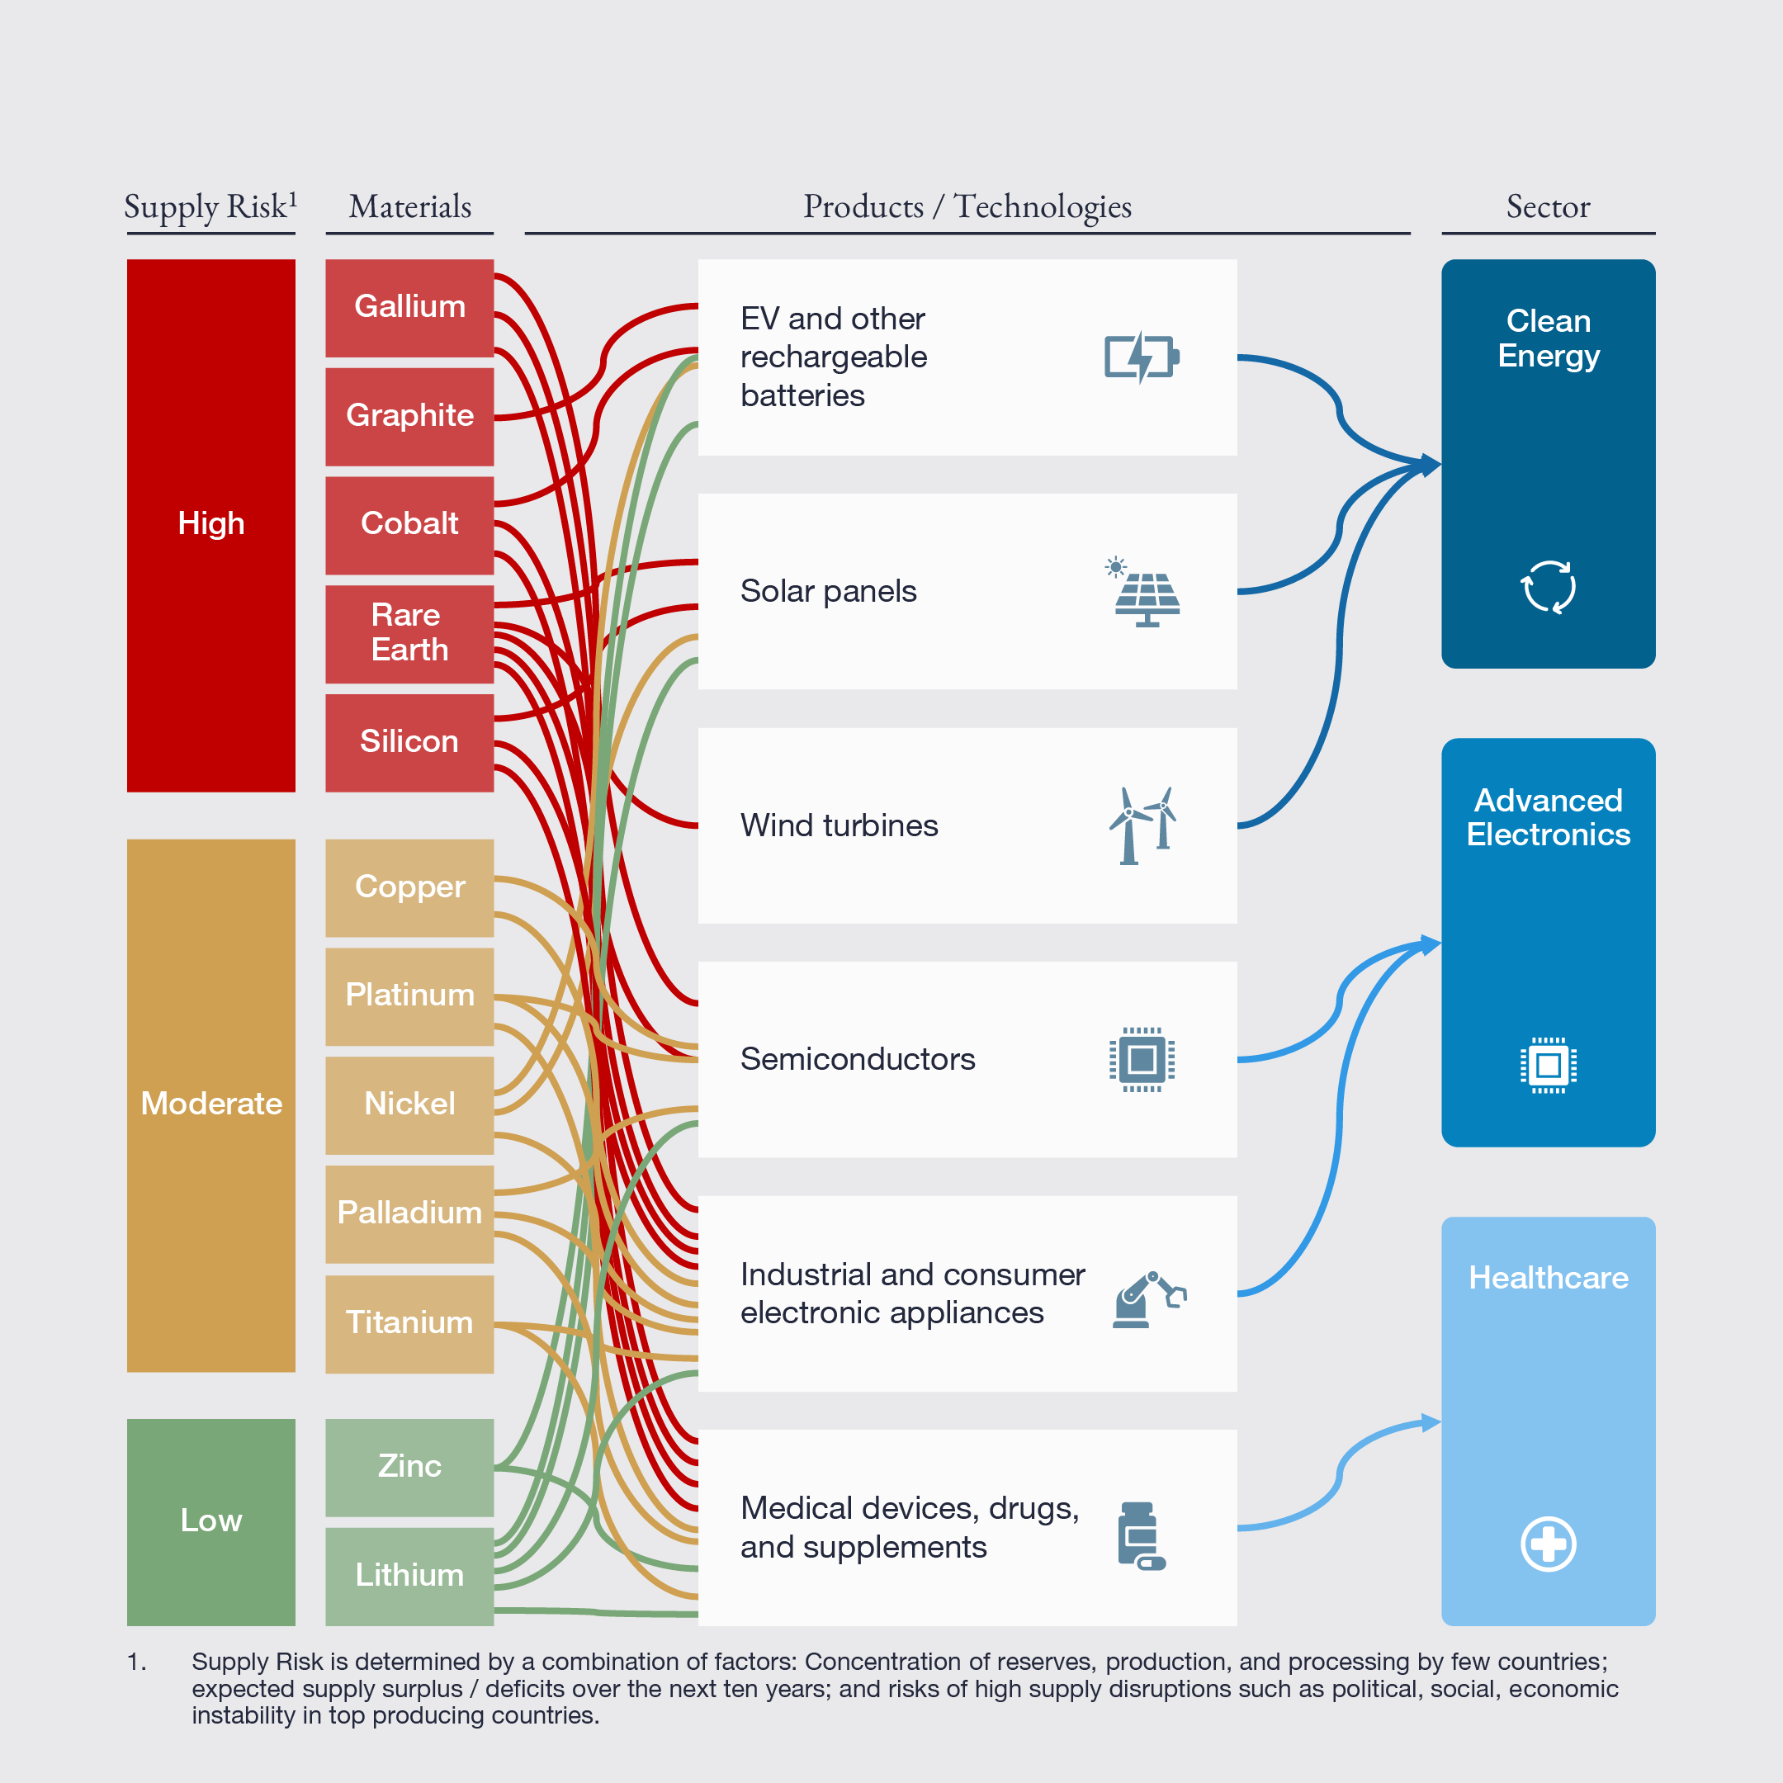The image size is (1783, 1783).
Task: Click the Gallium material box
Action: coord(409,307)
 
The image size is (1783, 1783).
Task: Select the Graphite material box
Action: coord(409,416)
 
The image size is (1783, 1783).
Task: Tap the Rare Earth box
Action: coord(409,633)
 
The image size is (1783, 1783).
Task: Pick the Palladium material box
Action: coord(409,1213)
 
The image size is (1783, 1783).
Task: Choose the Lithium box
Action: coord(409,1574)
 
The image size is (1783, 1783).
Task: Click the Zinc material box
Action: coord(409,1467)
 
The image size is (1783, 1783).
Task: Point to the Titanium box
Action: coord(409,1322)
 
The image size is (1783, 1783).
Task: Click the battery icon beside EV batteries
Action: coord(1142,357)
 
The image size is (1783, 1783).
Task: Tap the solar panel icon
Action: coord(1144,593)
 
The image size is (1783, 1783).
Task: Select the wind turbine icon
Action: coord(1143,826)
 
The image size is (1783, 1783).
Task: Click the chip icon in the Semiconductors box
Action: coord(1142,1059)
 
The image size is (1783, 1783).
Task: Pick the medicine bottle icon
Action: coord(1141,1535)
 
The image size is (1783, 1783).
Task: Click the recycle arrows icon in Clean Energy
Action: coord(1548,587)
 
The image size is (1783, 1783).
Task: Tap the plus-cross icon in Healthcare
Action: coord(1548,1543)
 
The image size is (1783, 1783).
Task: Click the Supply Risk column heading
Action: coord(210,206)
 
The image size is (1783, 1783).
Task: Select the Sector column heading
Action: coord(1548,206)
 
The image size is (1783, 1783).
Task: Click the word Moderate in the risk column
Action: coord(211,1104)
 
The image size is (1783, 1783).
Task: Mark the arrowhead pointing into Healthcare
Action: coord(1431,1423)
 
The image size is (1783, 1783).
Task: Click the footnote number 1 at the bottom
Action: coord(135,1662)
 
